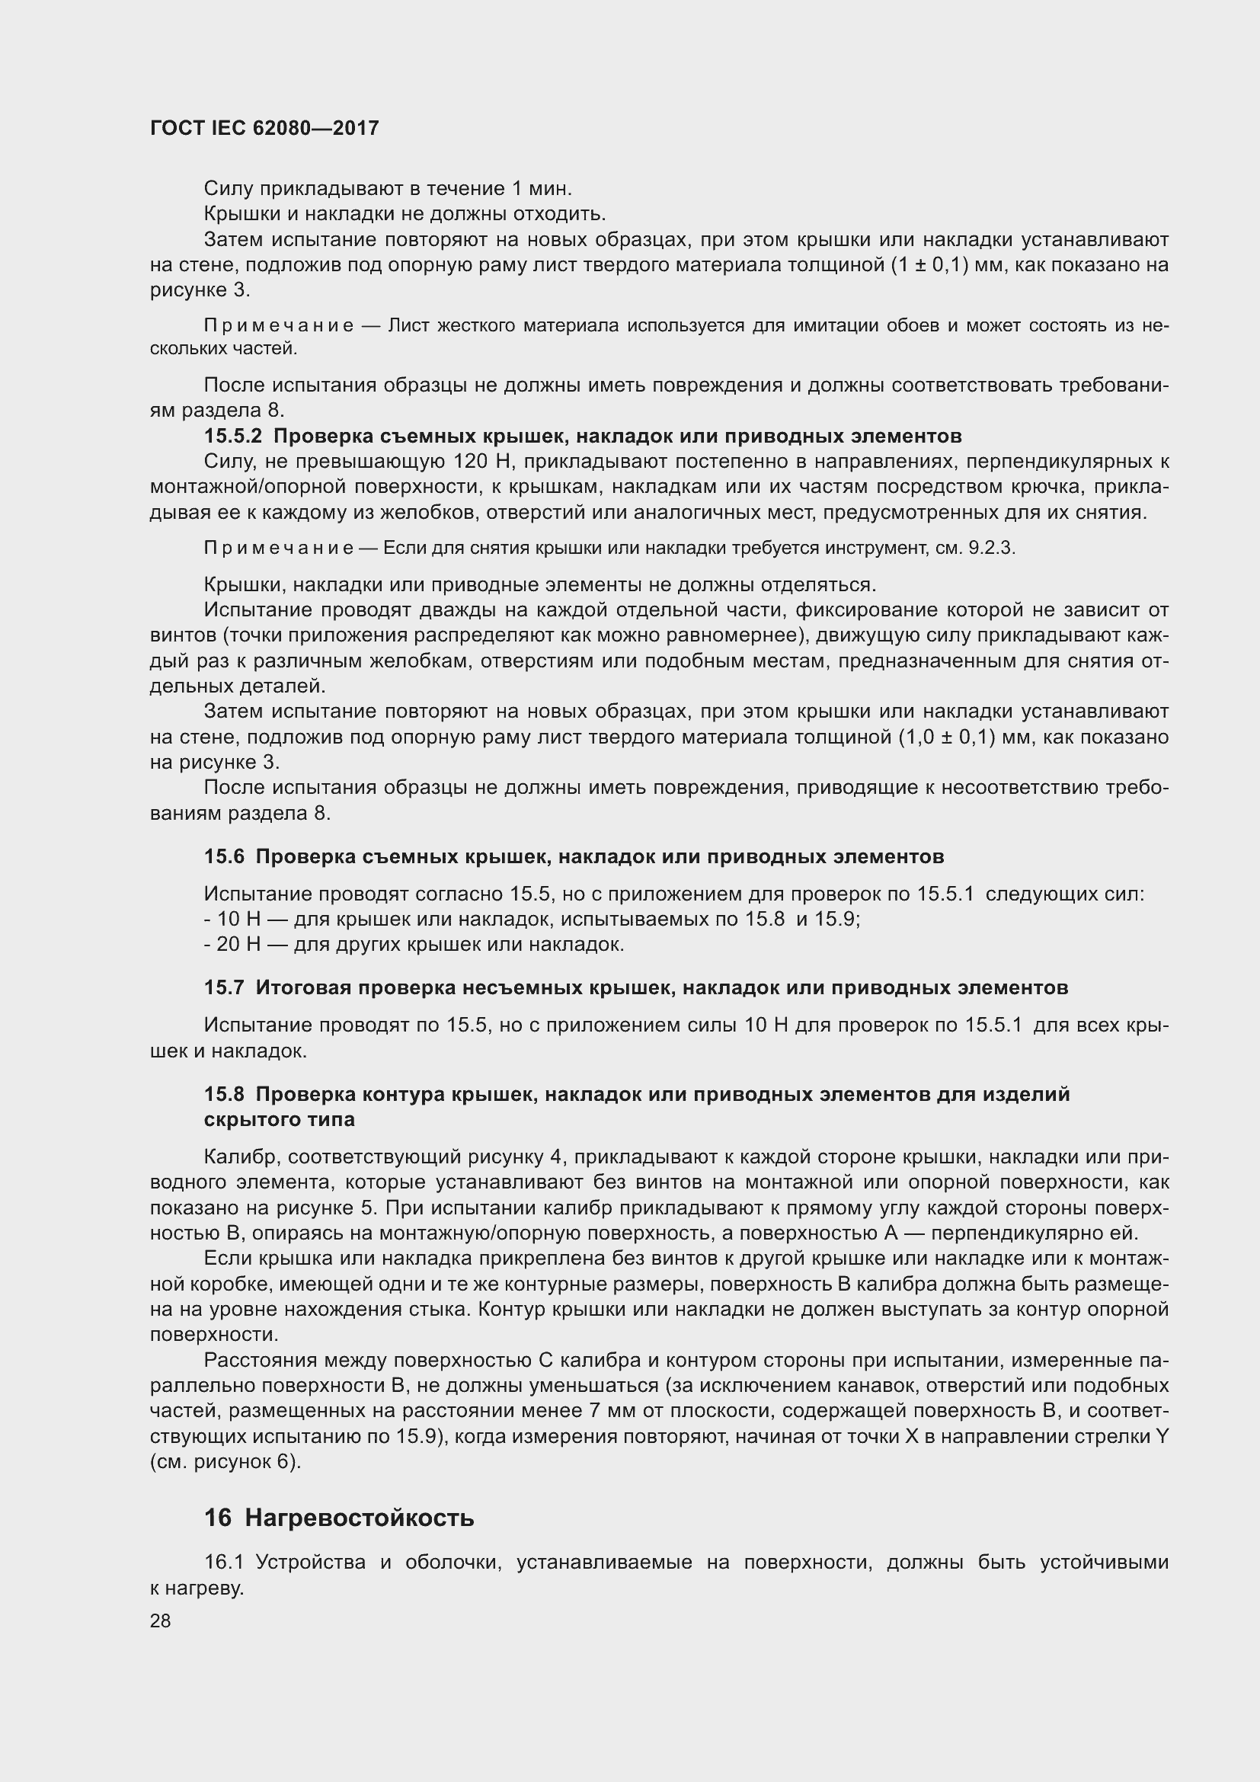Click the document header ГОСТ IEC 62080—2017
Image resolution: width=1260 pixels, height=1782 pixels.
pos(264,128)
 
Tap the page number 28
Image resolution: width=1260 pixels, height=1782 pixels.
pos(161,1620)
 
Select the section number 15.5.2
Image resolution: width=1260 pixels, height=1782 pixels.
pos(233,437)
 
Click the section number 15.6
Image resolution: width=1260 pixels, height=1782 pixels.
pos(223,857)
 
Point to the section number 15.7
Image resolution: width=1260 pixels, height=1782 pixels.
pos(223,988)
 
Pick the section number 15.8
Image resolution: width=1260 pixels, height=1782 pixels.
pos(223,1094)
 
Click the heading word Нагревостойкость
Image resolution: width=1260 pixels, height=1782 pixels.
pos(360,1518)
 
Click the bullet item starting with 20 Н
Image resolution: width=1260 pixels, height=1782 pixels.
pos(414,945)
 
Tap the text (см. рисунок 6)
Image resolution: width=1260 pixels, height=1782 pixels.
pos(225,1461)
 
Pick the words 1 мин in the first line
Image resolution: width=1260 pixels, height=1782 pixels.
pos(542,188)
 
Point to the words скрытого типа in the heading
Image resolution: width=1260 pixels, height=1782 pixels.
pos(280,1119)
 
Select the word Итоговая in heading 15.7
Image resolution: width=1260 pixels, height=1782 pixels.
pos(302,988)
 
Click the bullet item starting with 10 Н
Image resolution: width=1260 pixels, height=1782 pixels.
pos(532,920)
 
